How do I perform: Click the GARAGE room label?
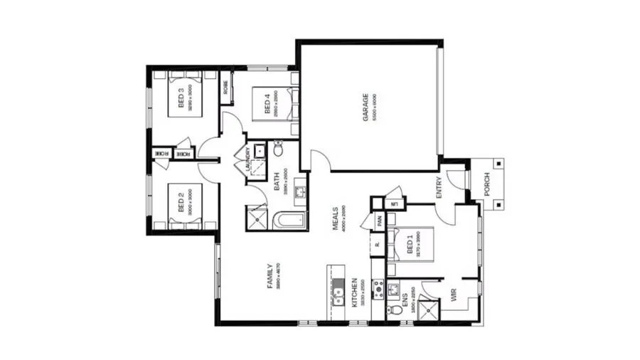click(366, 107)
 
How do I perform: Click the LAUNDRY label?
click(247, 159)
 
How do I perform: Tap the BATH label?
click(277, 182)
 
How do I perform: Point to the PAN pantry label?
click(380, 221)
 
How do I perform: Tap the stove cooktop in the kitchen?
click(378, 289)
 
